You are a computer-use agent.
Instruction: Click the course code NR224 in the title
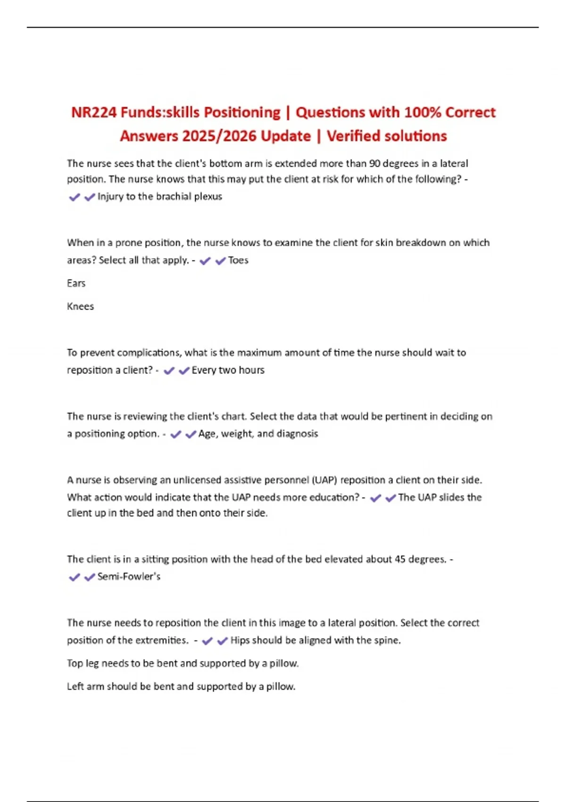[x=94, y=113]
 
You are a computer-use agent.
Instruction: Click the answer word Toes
[x=238, y=260]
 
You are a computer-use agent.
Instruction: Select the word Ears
[x=76, y=284]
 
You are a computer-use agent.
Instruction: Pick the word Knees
[x=80, y=307]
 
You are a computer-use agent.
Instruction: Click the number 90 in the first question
[x=375, y=164]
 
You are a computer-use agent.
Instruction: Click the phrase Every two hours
[x=228, y=370]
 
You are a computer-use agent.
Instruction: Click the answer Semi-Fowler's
[x=129, y=576]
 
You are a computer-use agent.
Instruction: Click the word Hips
[x=240, y=641]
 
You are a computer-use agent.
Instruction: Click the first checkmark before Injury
[x=74, y=197]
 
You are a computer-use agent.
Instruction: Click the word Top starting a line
[x=75, y=663]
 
